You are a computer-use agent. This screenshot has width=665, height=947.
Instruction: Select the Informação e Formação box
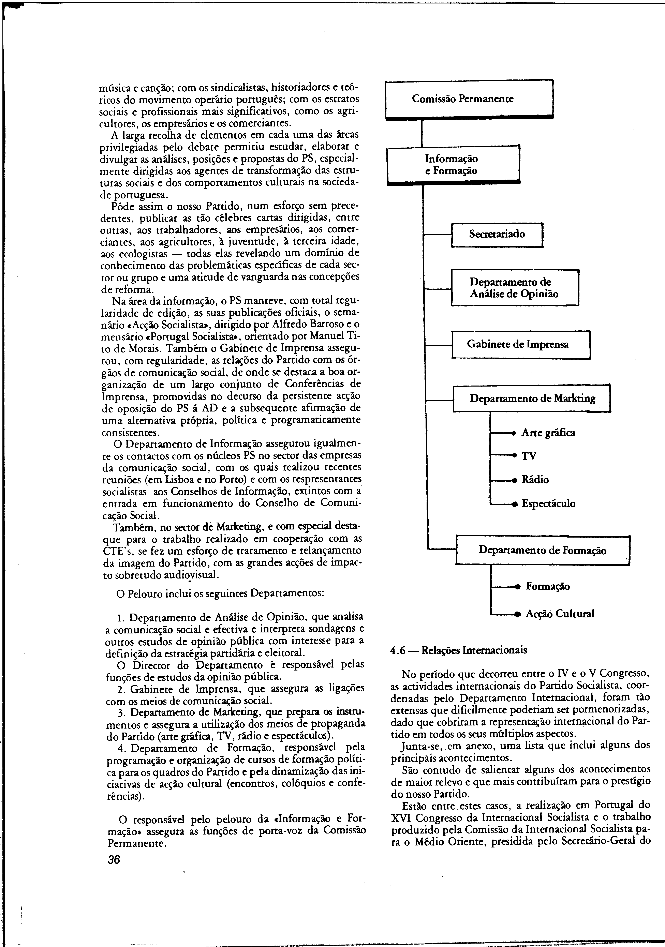pyautogui.click(x=453, y=165)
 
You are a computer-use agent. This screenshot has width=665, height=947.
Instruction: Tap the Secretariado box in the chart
pyautogui.click(x=497, y=234)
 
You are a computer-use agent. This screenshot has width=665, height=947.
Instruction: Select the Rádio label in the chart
pyautogui.click(x=535, y=480)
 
